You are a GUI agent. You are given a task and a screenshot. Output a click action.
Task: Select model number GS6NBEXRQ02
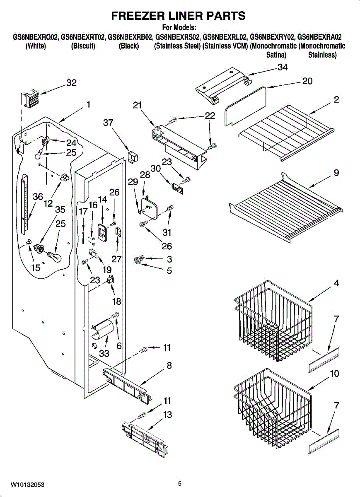(36, 37)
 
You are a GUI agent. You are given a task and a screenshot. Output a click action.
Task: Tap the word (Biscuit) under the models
(83, 46)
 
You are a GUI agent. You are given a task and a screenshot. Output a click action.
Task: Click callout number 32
(72, 83)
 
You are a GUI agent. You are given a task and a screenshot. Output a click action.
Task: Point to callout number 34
(283, 67)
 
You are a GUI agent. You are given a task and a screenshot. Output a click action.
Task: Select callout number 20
(307, 81)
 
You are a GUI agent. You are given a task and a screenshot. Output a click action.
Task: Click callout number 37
(108, 123)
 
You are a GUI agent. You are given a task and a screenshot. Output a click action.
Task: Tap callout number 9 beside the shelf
(336, 173)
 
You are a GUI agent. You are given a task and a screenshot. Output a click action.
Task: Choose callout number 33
(104, 353)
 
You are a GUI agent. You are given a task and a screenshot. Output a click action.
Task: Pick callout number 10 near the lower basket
(334, 374)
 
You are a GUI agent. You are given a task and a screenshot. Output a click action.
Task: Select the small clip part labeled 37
(133, 157)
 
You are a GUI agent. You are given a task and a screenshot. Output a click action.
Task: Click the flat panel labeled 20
(245, 106)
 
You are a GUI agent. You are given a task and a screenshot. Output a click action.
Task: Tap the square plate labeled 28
(149, 206)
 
